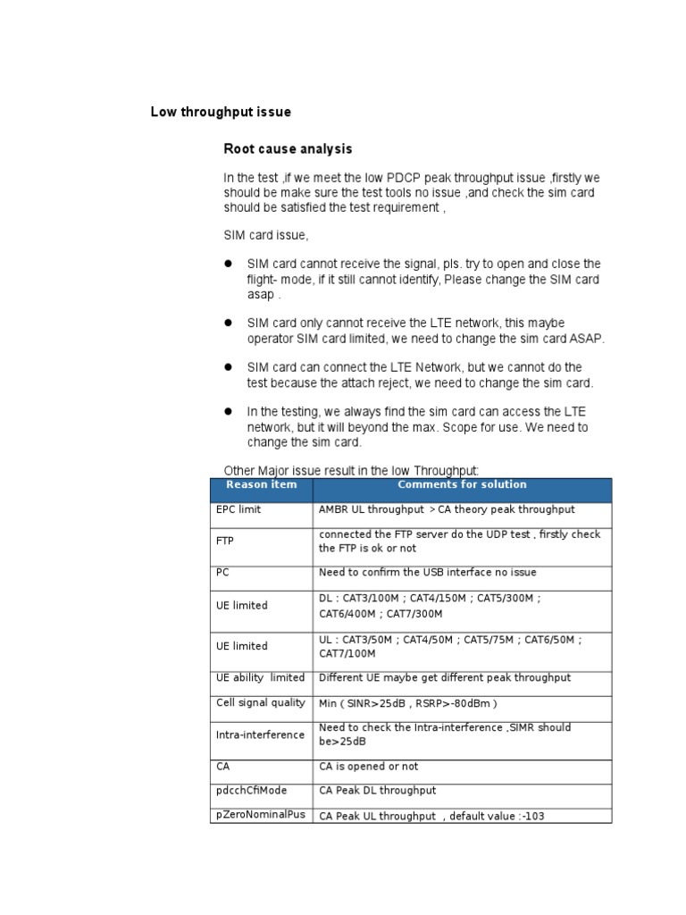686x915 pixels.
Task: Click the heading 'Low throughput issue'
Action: click(221, 113)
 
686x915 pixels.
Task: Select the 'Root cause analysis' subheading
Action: click(288, 148)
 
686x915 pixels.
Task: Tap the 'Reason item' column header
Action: click(261, 485)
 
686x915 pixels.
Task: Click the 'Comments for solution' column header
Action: click(462, 485)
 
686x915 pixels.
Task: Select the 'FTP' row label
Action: click(225, 541)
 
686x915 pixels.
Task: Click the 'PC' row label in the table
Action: click(223, 572)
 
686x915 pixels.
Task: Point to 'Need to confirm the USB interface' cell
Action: click(428, 572)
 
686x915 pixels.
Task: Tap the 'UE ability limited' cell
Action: click(260, 677)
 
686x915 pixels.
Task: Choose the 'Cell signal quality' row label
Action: click(260, 702)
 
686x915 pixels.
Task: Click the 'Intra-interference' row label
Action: click(260, 735)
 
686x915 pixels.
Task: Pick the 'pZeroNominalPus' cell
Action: click(259, 814)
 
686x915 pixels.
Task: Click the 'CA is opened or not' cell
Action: click(368, 767)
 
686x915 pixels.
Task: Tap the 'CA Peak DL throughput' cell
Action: click(378, 791)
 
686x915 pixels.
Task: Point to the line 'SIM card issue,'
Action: click(265, 236)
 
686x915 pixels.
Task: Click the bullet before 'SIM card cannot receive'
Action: click(228, 264)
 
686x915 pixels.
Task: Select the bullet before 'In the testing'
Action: click(228, 411)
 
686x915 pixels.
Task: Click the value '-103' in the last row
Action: click(556, 815)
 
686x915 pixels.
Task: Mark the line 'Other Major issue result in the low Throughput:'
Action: click(351, 470)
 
